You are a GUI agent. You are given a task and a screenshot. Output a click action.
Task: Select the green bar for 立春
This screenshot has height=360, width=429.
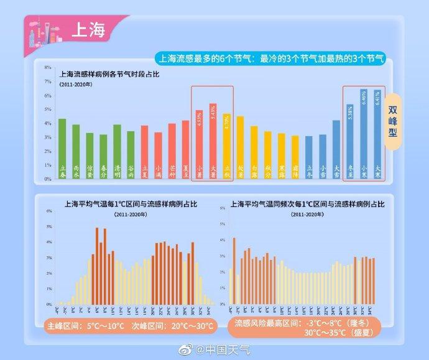click(x=62, y=148)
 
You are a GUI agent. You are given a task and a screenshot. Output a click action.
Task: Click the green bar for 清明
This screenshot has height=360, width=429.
click(x=117, y=151)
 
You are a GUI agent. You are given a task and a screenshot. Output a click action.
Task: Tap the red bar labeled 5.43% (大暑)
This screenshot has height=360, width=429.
click(x=213, y=141)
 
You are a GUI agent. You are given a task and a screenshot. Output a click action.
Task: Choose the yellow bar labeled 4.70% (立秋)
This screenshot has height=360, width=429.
click(x=226, y=146)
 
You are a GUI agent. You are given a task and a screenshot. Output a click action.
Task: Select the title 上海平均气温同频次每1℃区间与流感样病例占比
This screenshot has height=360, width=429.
click(x=308, y=203)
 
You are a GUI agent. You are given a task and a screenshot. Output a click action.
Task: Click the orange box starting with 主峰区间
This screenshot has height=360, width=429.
click(x=130, y=326)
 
